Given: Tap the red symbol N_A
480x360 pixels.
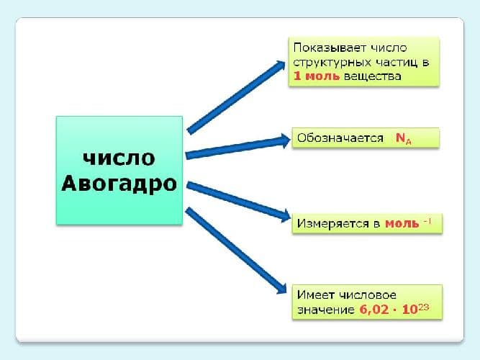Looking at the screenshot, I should tap(404, 138).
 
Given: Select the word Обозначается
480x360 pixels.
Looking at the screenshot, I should tap(340, 138).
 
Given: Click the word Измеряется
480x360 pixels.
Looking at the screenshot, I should tap(333, 223).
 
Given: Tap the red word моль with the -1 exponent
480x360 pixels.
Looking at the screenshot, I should tap(402, 223).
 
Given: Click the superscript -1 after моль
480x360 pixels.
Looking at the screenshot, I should tap(427, 220).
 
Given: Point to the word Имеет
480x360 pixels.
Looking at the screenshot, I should tap(312, 296).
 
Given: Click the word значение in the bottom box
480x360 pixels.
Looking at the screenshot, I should tap(324, 310).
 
